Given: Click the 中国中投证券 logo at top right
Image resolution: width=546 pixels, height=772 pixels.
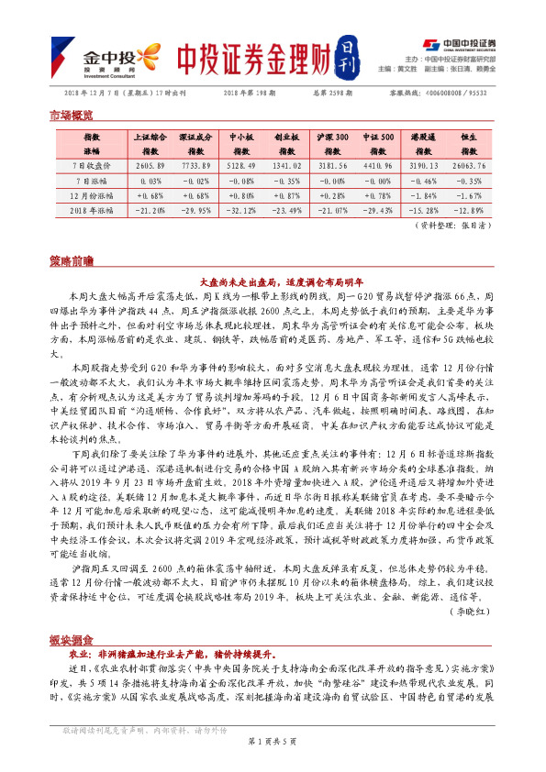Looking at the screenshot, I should (x=459, y=44).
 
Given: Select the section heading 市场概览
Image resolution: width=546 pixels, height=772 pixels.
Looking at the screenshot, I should (x=71, y=116).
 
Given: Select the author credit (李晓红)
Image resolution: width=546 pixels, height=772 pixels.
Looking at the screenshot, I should (x=470, y=633).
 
